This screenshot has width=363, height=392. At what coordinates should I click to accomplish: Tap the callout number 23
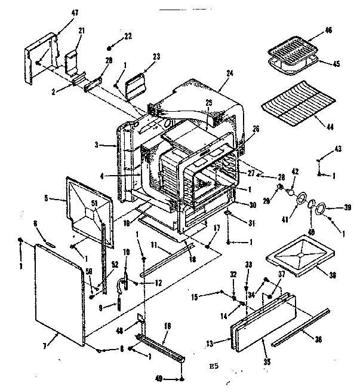[x=157, y=57]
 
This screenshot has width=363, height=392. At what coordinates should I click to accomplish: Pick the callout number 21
[x=82, y=30]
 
